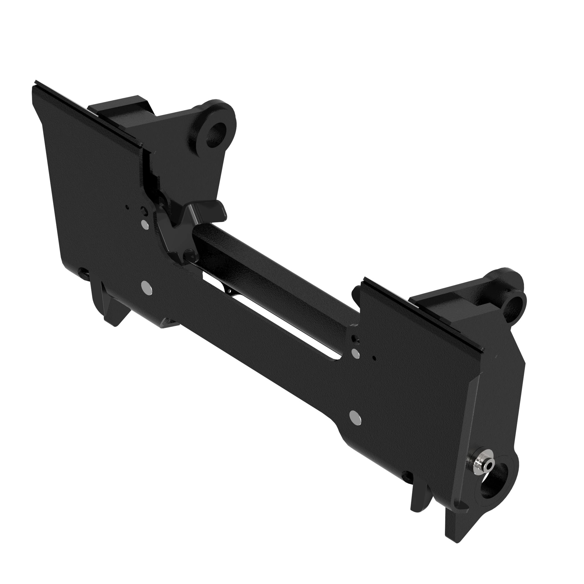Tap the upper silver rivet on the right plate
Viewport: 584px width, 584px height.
356,352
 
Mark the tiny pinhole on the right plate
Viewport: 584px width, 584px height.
375,359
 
